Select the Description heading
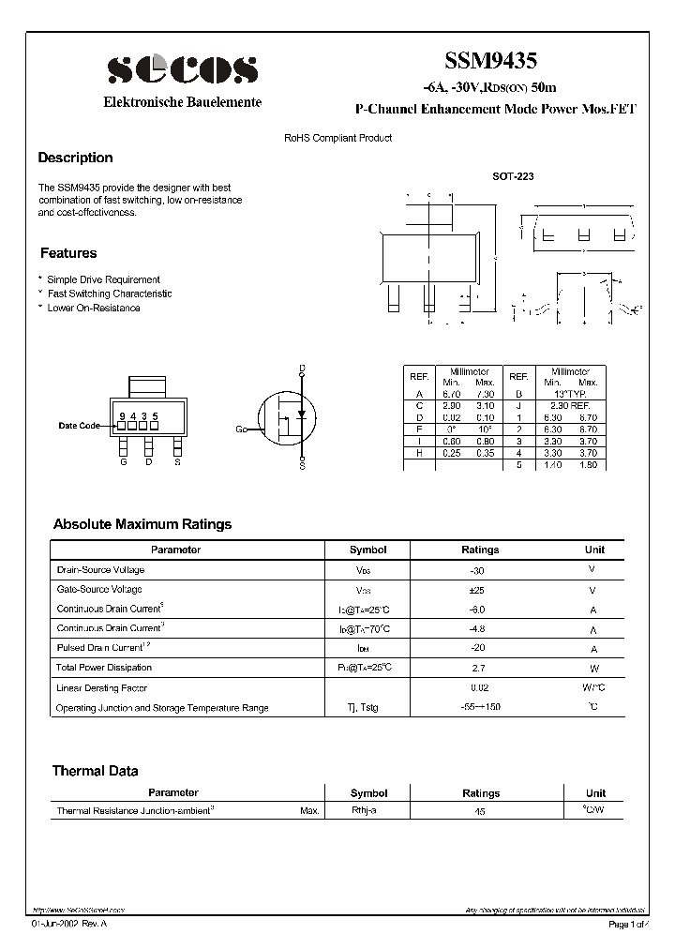tap(75, 158)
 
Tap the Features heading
tap(67, 253)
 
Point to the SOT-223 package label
tap(513, 175)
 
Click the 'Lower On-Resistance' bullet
tap(93, 308)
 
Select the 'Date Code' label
tap(79, 426)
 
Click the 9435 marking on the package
tap(139, 415)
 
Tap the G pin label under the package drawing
tap(123, 460)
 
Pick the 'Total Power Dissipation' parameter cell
tap(104, 668)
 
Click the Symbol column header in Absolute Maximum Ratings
tap(367, 550)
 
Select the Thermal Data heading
tap(95, 771)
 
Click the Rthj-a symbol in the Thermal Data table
tap(364, 810)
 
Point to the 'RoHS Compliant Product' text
tap(337, 138)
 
